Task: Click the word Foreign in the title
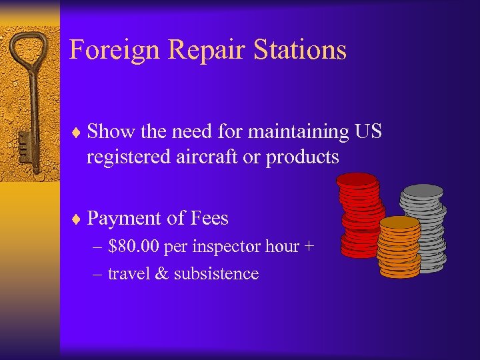point(113,50)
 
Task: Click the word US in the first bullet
point(368,132)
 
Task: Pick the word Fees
point(208,219)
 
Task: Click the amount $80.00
point(134,247)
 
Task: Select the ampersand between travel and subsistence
point(161,274)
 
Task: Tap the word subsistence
point(216,274)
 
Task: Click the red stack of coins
point(360,213)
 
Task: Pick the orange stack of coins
point(399,247)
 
